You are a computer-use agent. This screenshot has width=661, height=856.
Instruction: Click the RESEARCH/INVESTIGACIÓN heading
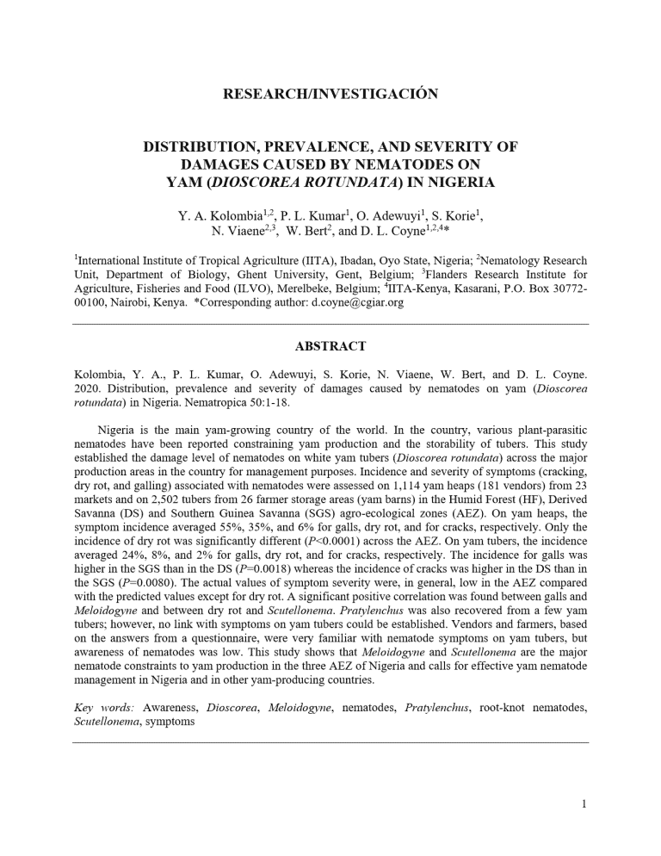tap(330, 94)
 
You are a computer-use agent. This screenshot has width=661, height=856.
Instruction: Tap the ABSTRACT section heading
tap(330, 346)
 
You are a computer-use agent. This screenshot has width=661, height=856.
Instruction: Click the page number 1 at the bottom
tap(584, 804)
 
